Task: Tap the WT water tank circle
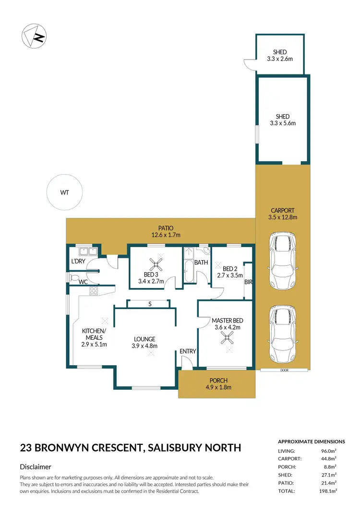point(64,192)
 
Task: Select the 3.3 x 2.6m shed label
point(280,55)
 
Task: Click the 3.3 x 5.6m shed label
point(280,120)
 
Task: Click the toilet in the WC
point(73,277)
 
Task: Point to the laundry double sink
point(87,251)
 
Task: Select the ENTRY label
point(188,351)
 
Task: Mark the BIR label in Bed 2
point(248,282)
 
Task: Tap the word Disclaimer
point(36,466)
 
